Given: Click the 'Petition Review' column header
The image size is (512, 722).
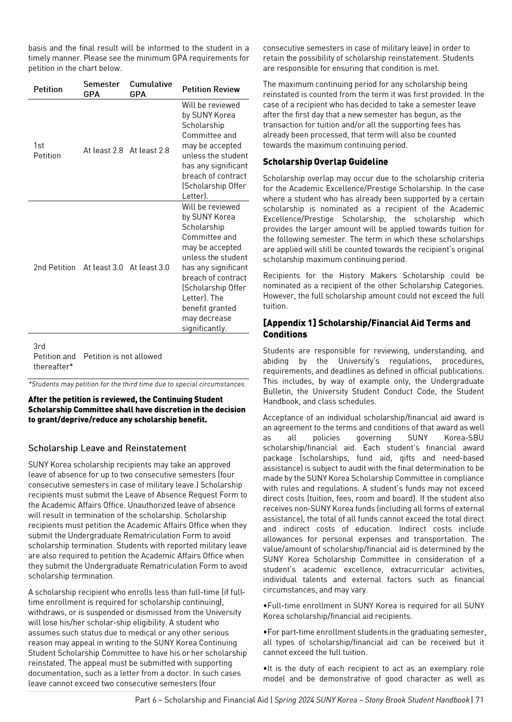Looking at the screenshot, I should point(211,89).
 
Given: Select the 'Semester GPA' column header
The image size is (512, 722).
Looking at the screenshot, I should point(101,89).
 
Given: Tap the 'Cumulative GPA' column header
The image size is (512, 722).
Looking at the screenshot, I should point(151,89).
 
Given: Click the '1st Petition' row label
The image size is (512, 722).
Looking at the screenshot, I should point(47,150).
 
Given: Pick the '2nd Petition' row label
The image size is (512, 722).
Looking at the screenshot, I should point(54,267).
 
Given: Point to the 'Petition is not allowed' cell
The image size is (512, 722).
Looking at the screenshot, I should point(122,356).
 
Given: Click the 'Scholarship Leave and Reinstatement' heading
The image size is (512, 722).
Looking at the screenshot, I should point(107,448).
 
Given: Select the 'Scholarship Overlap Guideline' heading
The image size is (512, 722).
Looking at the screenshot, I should point(325,162).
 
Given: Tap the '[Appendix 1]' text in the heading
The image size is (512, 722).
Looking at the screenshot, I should point(290,323).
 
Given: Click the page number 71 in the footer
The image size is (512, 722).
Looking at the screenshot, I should point(479,700).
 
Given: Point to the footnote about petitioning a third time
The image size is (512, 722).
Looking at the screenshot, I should point(137,384).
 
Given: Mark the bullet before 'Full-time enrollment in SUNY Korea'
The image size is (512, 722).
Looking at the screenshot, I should point(265,606).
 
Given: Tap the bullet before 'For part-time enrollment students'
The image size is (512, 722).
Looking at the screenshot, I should point(265,632).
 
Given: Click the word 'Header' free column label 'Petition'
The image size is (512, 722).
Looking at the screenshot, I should point(48,89).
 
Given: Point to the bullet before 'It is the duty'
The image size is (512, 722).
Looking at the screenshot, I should point(265,669).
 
